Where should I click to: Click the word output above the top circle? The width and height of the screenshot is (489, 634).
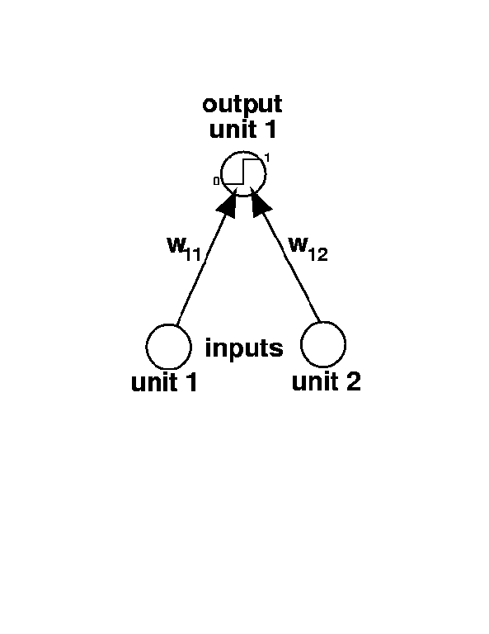[x=242, y=105]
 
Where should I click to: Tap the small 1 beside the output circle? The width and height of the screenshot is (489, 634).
[x=267, y=158]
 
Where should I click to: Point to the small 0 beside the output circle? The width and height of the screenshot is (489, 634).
[x=216, y=181]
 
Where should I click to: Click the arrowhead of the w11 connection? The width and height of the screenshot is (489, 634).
[x=228, y=203]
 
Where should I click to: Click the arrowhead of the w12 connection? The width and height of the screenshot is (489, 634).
[x=261, y=203]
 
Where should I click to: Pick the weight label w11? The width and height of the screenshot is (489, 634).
[x=184, y=249]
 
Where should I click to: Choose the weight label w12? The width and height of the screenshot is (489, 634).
[x=308, y=249]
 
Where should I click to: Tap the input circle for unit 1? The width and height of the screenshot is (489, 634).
[x=146, y=347]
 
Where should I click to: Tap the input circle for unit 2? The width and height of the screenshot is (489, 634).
[x=301, y=344]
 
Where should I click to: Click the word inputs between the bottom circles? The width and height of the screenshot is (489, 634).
[x=244, y=348]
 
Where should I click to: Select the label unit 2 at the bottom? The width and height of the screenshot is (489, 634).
[x=326, y=381]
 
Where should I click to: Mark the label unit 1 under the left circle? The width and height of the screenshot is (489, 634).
[x=164, y=382]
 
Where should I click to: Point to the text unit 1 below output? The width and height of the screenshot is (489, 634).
[x=243, y=130]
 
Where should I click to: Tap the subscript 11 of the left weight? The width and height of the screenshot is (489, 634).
[x=193, y=255]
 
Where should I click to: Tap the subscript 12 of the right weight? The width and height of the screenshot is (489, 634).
[x=317, y=255]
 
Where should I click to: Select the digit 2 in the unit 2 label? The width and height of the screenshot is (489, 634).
[x=353, y=381]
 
